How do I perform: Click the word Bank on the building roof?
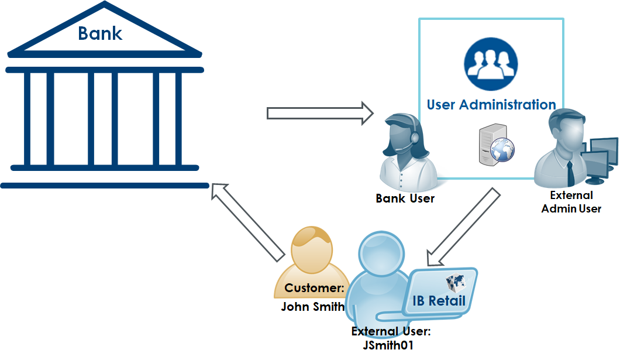tap(100, 33)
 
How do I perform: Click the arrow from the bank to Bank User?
tap(319, 113)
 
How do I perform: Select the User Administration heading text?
tap(491, 105)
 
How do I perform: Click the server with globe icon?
tap(494, 146)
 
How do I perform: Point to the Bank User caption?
tap(405, 198)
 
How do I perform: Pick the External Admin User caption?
tap(571, 202)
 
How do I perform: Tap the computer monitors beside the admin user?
tap(602, 158)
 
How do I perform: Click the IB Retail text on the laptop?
tap(439, 301)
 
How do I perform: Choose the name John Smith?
tap(313, 307)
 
